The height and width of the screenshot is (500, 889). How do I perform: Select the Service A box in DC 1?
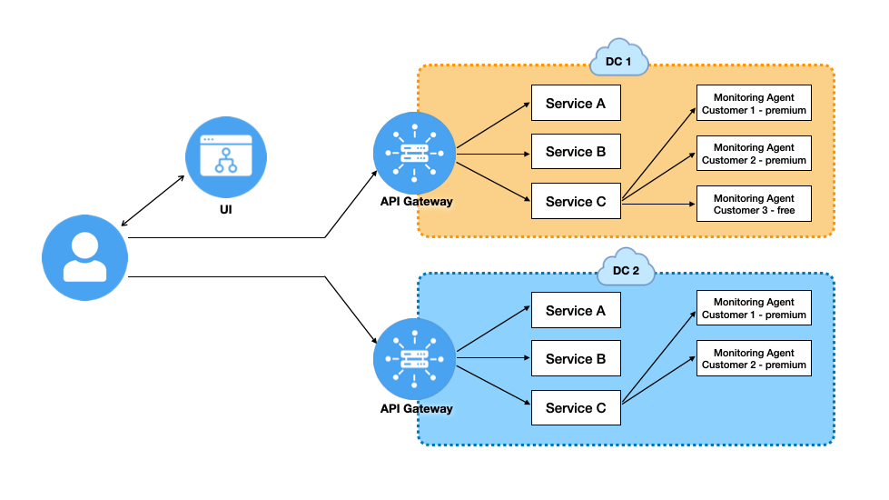(576, 104)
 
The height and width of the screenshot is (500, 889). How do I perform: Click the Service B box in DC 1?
(576, 152)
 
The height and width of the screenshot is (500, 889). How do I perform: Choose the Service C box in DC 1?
(576, 202)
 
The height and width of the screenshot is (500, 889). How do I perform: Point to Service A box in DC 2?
(576, 311)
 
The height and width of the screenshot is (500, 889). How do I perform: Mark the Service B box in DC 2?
(576, 359)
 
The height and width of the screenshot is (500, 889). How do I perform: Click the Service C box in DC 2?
(576, 408)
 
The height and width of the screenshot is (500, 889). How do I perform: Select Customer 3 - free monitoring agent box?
(754, 205)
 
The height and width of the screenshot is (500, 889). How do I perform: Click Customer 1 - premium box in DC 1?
(754, 104)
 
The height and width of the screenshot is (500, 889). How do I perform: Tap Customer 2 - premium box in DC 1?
(754, 154)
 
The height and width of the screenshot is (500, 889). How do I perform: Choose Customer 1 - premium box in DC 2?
(754, 308)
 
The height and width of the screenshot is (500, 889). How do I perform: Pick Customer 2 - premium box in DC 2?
(754, 358)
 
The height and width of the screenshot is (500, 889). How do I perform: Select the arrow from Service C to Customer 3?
(658, 205)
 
